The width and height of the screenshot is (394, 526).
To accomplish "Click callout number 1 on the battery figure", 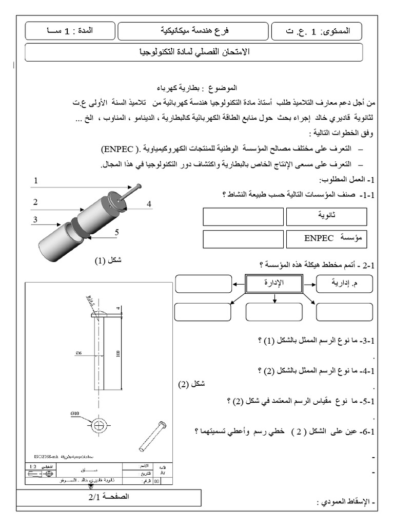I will [x=36, y=181].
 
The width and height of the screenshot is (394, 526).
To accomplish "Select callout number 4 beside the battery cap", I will [x=149, y=204].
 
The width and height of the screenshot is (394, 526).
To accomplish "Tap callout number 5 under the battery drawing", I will [x=116, y=232].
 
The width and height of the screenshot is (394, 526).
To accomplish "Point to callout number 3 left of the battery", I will [x=35, y=220].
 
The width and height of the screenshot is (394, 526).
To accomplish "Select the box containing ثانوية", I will [x=326, y=217].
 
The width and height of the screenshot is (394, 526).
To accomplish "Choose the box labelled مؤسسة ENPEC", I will [x=326, y=239].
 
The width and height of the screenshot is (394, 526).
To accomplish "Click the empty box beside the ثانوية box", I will [x=243, y=217].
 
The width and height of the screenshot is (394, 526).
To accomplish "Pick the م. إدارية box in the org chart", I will [x=340, y=284].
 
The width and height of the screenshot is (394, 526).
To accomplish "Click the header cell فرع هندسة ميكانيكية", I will [x=192, y=31].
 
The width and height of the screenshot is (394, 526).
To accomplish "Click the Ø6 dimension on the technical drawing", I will [x=77, y=352].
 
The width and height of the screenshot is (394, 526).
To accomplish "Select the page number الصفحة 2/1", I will [x=108, y=497].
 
